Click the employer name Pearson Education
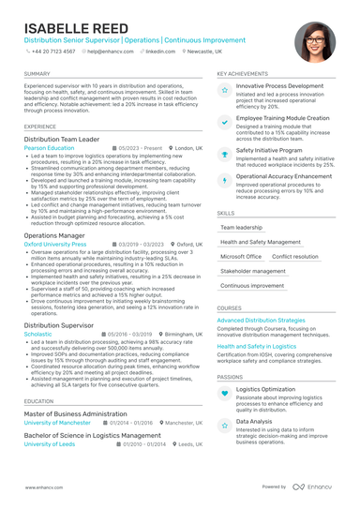pyautogui.click(x=49, y=148)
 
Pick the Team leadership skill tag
pyautogui.click(x=241, y=227)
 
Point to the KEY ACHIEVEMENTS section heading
pyautogui.click(x=242, y=73)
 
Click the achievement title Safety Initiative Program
pyautogui.click(x=269, y=149)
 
